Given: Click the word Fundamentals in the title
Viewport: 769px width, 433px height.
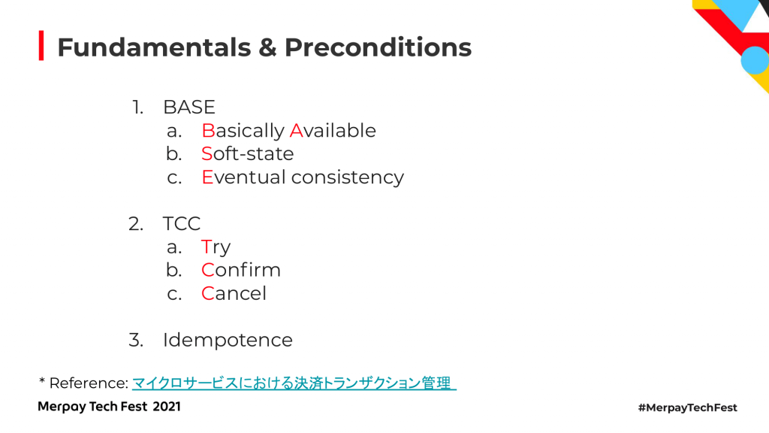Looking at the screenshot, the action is (154, 47).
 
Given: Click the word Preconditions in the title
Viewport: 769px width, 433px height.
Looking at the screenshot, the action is (378, 47).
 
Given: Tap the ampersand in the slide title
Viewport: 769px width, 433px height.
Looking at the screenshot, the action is (267, 47).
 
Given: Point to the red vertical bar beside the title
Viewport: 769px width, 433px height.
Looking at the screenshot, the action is (41, 46).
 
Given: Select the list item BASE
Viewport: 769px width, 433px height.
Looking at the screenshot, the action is (189, 107).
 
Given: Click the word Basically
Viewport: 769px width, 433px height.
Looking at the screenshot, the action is (243, 131).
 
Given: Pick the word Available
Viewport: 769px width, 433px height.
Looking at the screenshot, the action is (333, 131).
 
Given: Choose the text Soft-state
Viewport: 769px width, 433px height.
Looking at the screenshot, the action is (248, 153).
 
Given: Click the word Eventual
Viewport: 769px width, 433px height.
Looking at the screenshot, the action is (243, 177).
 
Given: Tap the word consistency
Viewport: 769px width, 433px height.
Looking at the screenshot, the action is (348, 177).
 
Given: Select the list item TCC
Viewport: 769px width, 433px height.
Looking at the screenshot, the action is (182, 224).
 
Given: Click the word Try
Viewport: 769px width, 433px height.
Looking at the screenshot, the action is (216, 247).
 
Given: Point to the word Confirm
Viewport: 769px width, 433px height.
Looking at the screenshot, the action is (241, 270).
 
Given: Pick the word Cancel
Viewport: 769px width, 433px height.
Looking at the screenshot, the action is (234, 294).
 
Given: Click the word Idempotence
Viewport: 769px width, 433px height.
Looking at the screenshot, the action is (228, 340).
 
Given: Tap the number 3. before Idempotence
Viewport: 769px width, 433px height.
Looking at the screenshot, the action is (136, 340).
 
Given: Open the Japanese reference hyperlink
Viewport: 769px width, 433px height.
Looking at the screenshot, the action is (294, 383).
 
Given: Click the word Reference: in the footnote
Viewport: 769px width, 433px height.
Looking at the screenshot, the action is (89, 383).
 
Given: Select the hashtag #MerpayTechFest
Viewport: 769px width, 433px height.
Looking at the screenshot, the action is (688, 407).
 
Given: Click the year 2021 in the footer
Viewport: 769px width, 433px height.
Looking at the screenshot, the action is (166, 407).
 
